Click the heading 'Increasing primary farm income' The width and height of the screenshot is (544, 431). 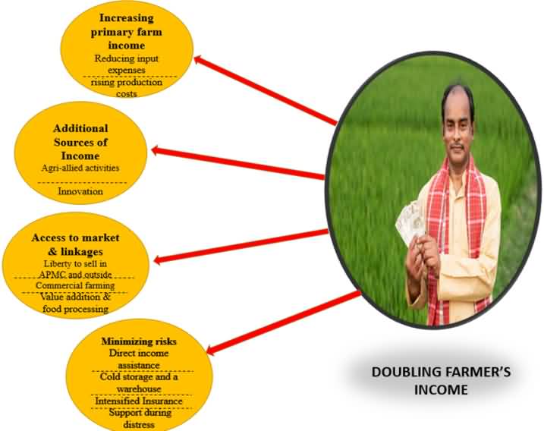[126, 32]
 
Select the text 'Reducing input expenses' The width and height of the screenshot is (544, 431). [126, 64]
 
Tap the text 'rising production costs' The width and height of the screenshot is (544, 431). [126, 88]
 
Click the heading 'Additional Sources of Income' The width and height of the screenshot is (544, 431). [80, 142]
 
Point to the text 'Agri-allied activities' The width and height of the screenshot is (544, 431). [80, 168]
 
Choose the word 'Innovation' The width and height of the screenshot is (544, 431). [80, 191]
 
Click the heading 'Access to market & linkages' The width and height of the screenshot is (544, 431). [75, 244]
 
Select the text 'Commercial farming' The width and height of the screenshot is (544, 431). [75, 285]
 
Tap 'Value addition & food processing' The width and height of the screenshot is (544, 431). [75, 303]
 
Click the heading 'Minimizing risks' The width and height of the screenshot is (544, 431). [139, 341]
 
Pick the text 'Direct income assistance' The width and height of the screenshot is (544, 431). [139, 359]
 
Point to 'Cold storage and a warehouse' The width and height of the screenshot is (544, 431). [139, 382]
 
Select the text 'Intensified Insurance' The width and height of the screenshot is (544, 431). [139, 401]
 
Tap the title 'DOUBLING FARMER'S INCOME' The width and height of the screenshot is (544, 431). [441, 381]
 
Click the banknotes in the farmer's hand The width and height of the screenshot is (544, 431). [410, 222]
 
